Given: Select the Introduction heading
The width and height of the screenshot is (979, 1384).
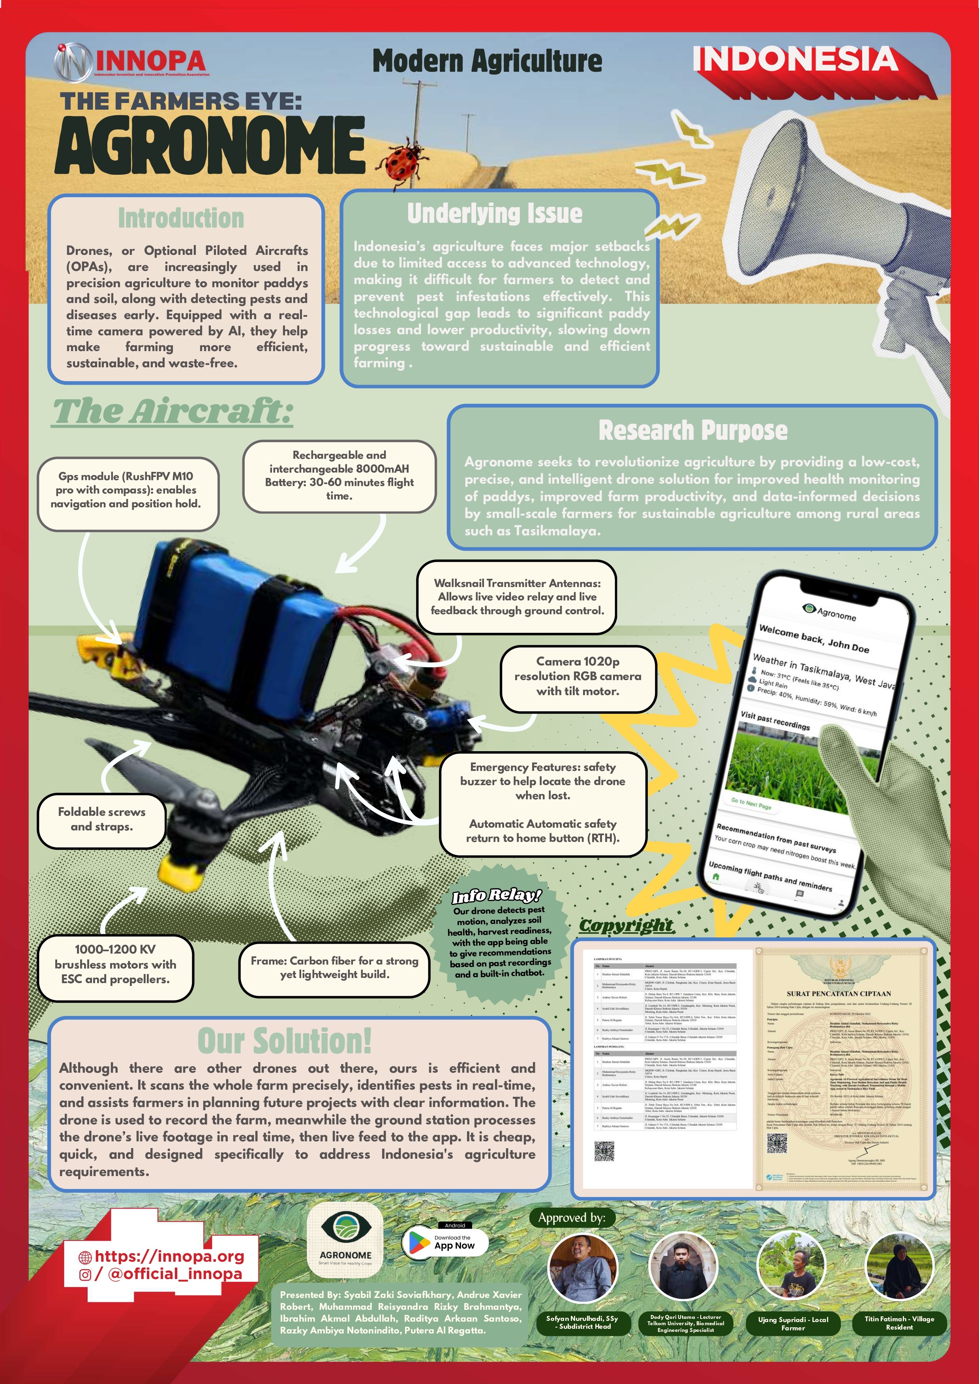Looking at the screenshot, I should (x=181, y=218).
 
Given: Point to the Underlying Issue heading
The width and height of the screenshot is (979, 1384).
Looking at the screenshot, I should (x=495, y=213).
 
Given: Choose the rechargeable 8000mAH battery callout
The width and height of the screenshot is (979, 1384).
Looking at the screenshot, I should (x=339, y=475).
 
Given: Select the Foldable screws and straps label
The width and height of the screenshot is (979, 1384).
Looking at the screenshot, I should (x=101, y=819).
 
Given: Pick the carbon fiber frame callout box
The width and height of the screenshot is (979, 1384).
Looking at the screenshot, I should (x=334, y=967).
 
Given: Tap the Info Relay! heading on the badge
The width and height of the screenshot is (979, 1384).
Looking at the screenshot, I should (x=497, y=896).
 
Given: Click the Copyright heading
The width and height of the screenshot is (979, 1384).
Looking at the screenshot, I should (x=626, y=925).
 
